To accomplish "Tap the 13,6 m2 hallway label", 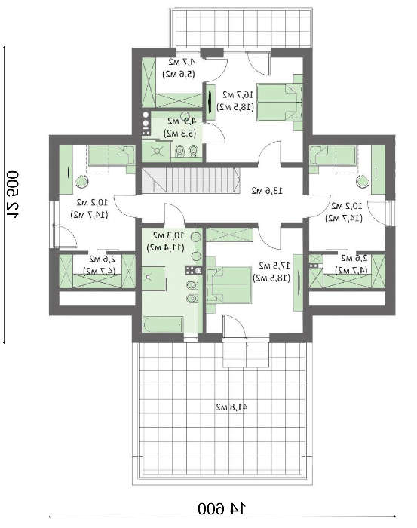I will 267,191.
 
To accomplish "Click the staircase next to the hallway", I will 173,181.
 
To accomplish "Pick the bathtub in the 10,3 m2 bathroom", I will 163,325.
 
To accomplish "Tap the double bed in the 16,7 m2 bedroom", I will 278,97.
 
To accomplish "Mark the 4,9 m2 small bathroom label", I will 182,126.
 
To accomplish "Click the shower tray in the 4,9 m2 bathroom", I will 158,150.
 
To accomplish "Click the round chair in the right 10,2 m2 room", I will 364,181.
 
